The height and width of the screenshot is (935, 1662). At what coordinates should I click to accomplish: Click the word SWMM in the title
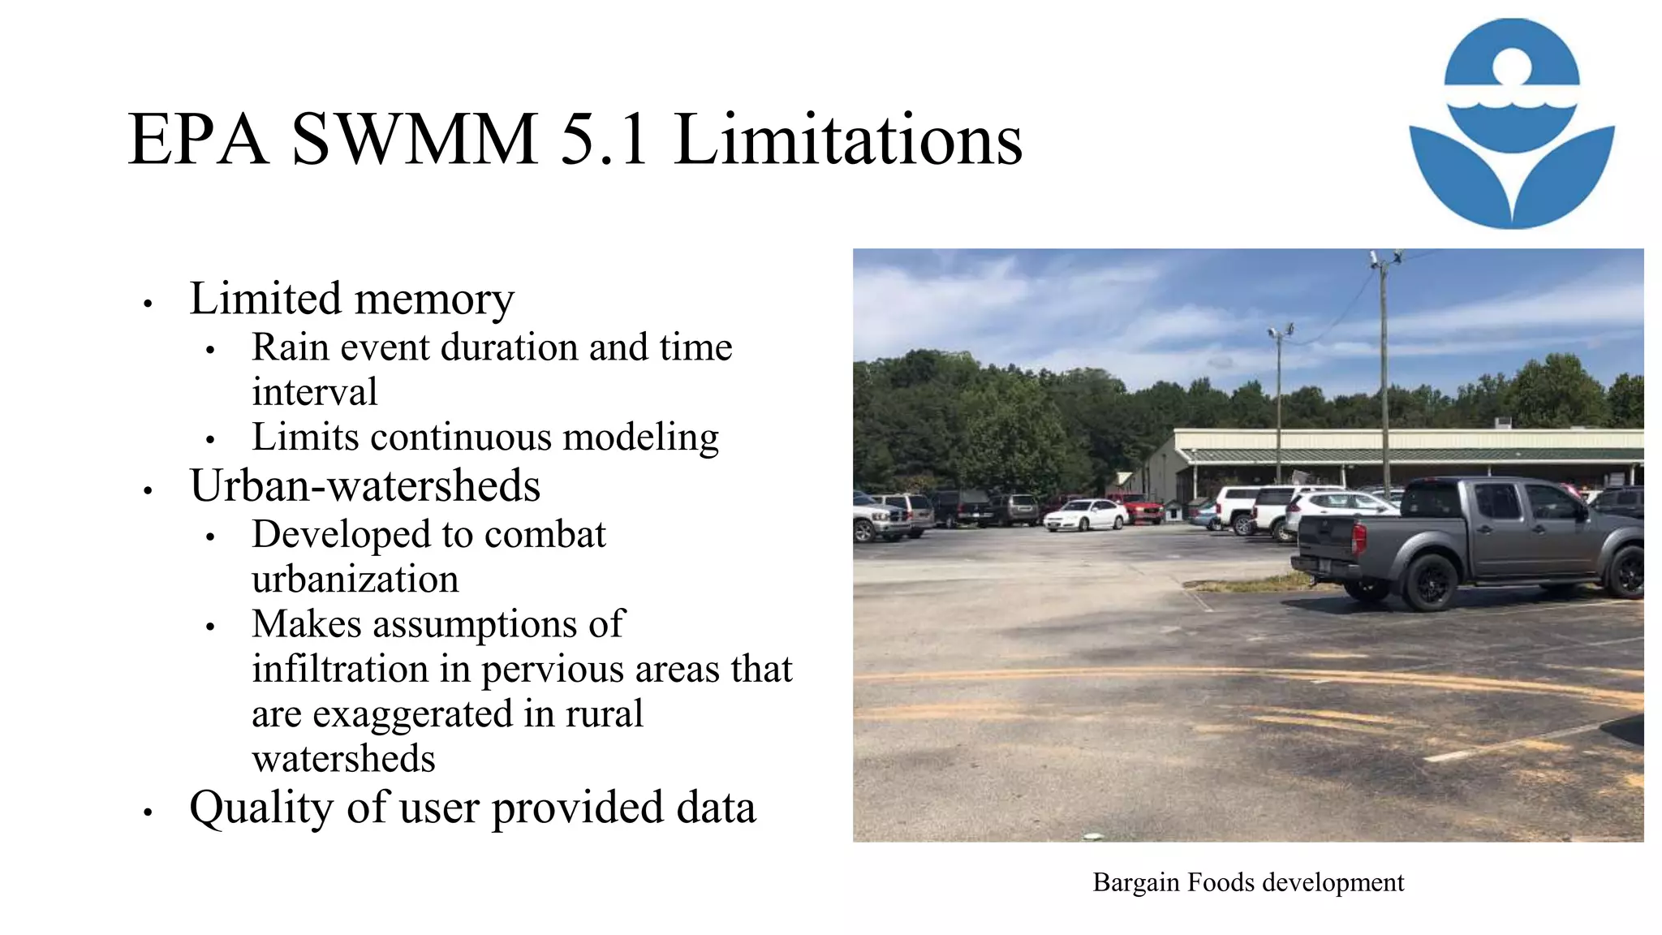414,140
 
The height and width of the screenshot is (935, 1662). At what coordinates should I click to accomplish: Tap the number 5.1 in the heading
604,140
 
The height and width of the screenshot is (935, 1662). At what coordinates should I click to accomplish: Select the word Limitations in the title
848,140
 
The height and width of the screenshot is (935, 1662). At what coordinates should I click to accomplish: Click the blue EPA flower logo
1511,123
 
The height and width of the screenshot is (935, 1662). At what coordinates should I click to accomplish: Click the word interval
314,392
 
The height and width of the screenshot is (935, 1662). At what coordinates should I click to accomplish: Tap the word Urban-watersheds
364,486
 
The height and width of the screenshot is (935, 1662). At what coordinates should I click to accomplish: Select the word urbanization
355,580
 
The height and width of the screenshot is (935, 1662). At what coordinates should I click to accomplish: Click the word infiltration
339,670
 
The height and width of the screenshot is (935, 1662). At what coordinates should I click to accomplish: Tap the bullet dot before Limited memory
148,304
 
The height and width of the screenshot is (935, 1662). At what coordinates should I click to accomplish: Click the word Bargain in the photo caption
1135,882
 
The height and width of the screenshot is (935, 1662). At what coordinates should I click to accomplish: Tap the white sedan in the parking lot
1084,515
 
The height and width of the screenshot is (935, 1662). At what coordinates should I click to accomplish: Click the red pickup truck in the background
1139,508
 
